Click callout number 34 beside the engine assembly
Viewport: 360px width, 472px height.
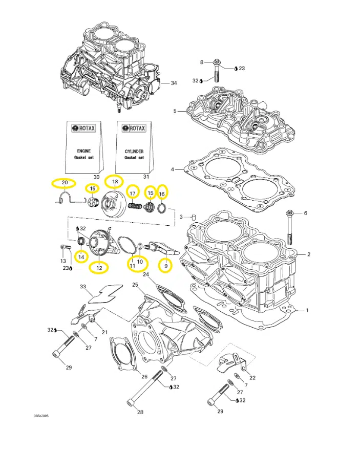click(x=174, y=83)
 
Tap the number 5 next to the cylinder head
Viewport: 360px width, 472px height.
click(x=175, y=111)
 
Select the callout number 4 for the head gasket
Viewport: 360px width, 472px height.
click(x=173, y=169)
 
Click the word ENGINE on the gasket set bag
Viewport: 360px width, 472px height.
click(x=83, y=152)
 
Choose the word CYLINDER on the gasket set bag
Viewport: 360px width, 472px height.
click(x=134, y=152)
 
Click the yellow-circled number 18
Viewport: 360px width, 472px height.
click(x=115, y=182)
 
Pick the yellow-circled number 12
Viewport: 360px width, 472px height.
click(x=99, y=267)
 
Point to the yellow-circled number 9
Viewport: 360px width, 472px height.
click(x=165, y=266)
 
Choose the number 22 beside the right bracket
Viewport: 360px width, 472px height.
click(x=252, y=377)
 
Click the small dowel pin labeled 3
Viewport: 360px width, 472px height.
click(x=194, y=217)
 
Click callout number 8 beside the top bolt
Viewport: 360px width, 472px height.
click(x=202, y=62)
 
